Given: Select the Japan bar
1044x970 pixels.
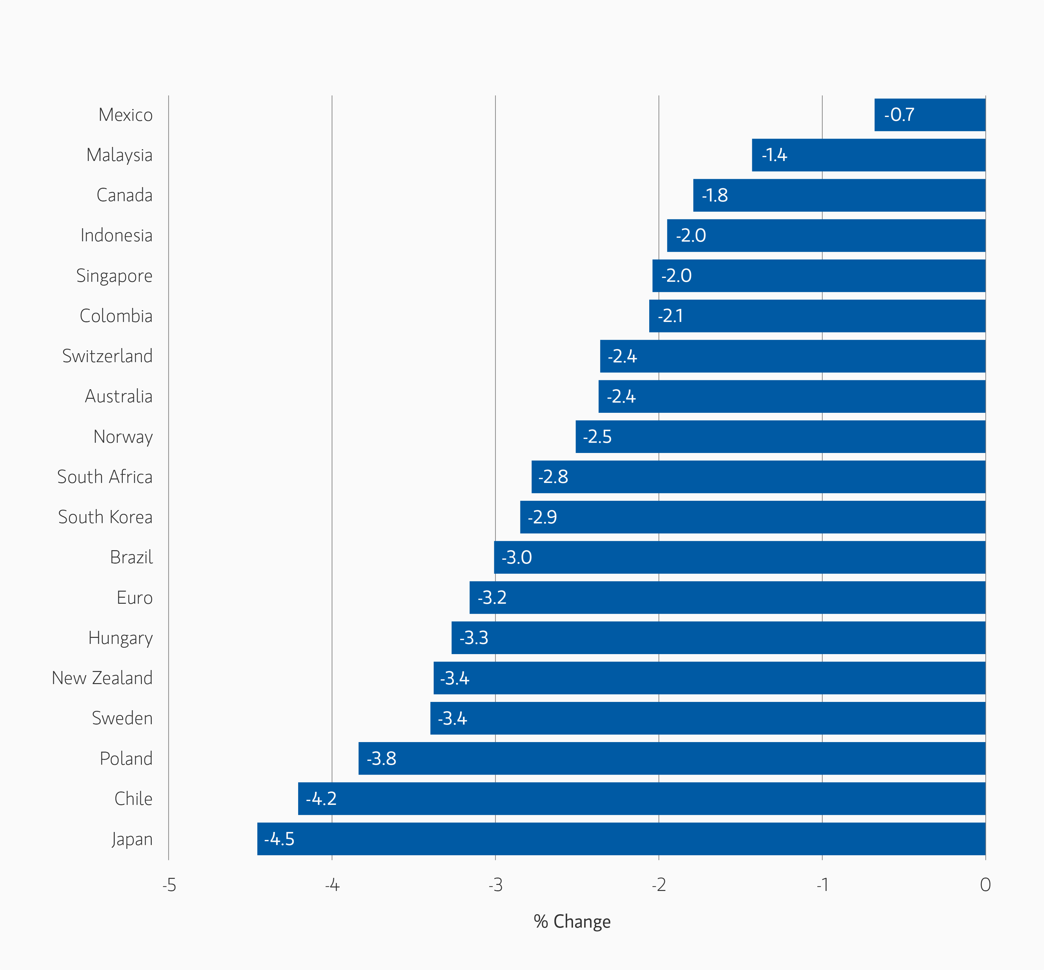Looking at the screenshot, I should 621,839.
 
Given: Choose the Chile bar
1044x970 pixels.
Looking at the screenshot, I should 641,799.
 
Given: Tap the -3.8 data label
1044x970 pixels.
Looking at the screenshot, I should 381,758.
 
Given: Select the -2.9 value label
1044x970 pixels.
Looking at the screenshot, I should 542,517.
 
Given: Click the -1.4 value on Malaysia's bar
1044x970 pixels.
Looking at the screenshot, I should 774,155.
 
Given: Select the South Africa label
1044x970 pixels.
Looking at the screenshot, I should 105,477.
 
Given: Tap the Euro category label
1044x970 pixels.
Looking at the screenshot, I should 135,597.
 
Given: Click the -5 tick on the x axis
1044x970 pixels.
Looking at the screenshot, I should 169,885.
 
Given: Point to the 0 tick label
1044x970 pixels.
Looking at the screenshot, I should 985,885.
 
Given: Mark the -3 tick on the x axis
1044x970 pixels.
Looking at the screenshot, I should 495,885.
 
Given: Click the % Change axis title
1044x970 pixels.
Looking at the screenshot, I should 572,921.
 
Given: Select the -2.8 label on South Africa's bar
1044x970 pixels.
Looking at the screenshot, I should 553,477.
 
